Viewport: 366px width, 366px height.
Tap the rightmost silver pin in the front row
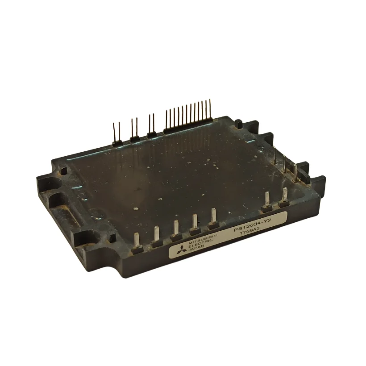(283, 196)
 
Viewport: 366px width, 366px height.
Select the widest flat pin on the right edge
(295, 172)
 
